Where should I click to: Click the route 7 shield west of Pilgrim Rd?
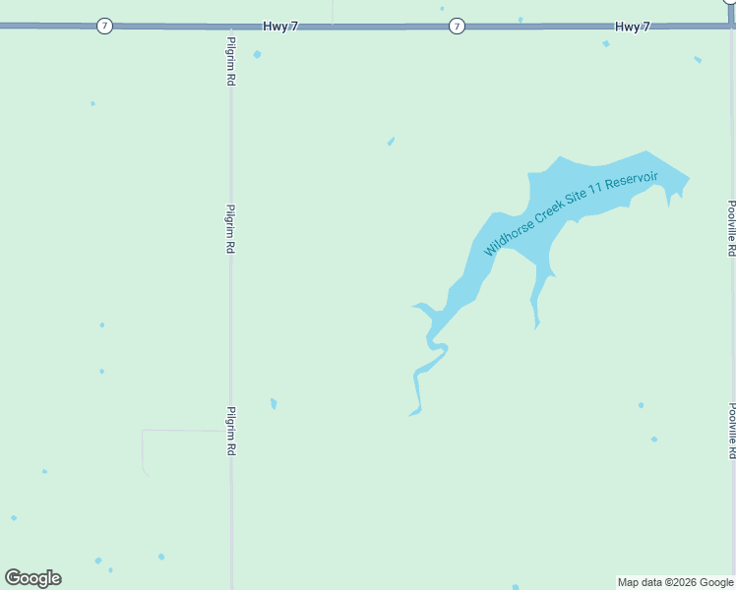pos(104,26)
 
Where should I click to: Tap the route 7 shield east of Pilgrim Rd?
pos(457,26)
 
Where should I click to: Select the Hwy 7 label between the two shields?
pos(280,26)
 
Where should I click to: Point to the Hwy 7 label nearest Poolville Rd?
pos(633,26)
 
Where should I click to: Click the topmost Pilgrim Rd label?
pos(230,60)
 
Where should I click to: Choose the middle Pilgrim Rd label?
pos(230,229)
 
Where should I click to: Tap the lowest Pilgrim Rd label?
pos(230,430)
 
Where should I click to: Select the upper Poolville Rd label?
pos(731,228)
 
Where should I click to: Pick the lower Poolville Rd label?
pos(731,430)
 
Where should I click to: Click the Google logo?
pos(32,578)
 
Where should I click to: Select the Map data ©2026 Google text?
pos(675,582)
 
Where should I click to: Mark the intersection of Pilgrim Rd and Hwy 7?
pos(231,27)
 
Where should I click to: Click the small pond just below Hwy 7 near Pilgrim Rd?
pos(258,54)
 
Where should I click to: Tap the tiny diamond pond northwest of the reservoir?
pos(391,142)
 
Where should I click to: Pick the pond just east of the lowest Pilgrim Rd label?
pos(274,403)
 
